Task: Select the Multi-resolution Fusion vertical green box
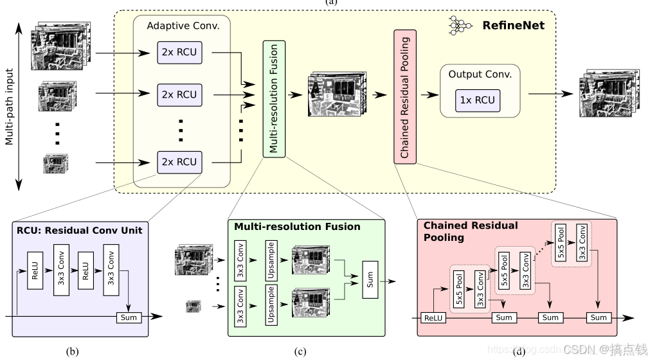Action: pyautogui.click(x=273, y=98)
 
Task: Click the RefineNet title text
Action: pyautogui.click(x=513, y=26)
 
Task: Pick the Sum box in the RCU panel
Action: pyautogui.click(x=129, y=317)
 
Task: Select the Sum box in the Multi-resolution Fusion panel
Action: pyautogui.click(x=371, y=279)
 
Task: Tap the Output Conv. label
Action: pyautogui.click(x=480, y=74)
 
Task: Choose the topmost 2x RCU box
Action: pyautogui.click(x=179, y=53)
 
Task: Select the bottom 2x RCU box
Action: pyautogui.click(x=179, y=162)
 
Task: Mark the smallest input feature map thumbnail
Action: pyautogui.click(x=55, y=163)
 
